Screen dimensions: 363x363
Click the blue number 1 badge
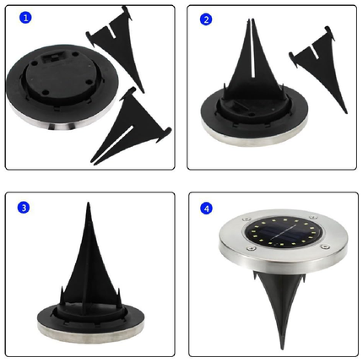25,18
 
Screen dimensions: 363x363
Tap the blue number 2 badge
206,19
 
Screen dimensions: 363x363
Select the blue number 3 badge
24,208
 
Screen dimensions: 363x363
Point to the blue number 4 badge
207,209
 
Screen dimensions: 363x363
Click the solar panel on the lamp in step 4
283,232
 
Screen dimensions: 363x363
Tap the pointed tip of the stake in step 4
282,349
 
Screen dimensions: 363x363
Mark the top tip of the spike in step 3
89,203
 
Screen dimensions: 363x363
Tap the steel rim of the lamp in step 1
61,124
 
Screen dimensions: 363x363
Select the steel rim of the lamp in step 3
90,332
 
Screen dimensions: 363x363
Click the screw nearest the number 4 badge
247,219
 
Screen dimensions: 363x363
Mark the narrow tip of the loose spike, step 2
345,111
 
